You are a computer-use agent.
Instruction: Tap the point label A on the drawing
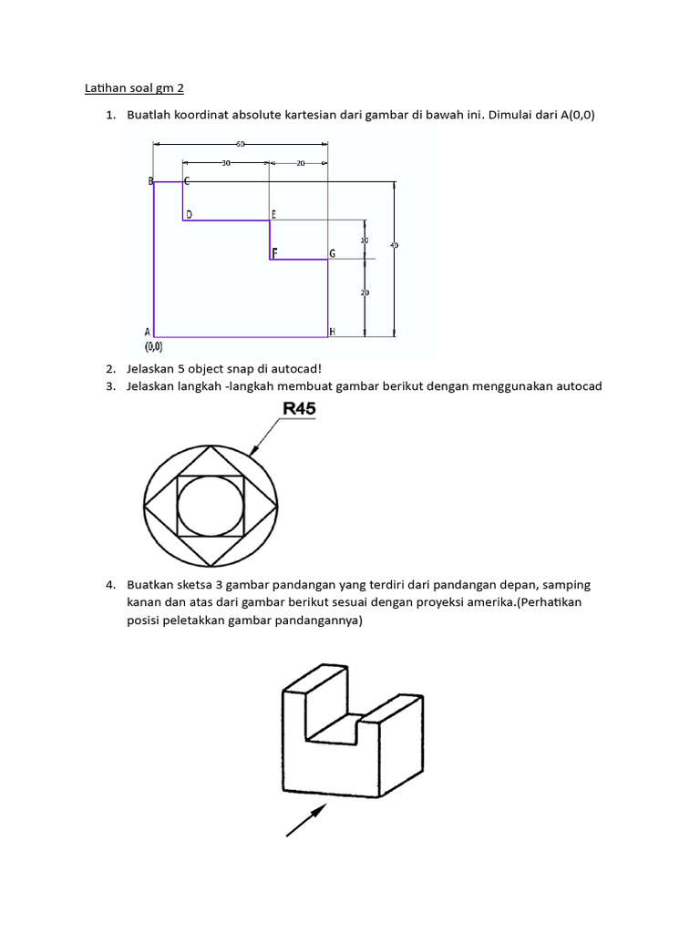pos(148,333)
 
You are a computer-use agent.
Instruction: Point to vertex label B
pos(150,181)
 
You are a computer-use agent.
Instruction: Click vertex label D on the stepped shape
pos(189,214)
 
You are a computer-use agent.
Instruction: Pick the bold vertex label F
pos(274,252)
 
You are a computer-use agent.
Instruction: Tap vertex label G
pos(333,253)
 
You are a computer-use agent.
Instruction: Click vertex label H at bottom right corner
pos(333,333)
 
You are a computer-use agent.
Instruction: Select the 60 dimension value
pos(241,144)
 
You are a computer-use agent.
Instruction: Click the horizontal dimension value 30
pos(225,163)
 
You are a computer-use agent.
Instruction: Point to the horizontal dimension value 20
pos(300,163)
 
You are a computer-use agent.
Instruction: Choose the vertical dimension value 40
pos(394,245)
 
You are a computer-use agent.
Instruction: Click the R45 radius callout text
pos(299,410)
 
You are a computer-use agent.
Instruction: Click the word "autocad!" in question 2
pos(294,368)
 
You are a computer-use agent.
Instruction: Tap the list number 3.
pos(110,386)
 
